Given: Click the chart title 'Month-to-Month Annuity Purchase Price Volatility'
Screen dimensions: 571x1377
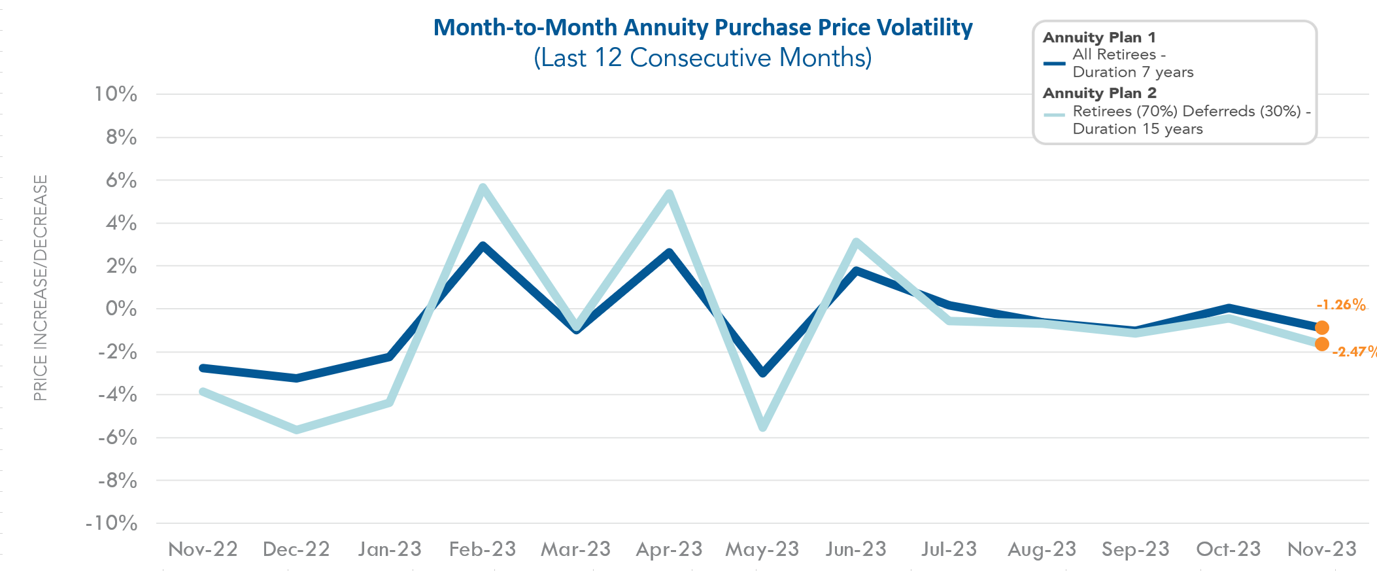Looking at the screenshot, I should (x=703, y=27).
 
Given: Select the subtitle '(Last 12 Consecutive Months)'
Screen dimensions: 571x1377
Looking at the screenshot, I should (x=703, y=58).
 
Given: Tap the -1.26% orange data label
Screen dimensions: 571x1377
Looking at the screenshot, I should (x=1340, y=305).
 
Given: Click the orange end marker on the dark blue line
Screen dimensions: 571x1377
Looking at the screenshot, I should (x=1321, y=328).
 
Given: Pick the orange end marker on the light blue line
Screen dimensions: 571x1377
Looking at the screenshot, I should (x=1321, y=344).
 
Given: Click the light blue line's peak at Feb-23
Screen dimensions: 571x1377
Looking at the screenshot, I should (x=483, y=188).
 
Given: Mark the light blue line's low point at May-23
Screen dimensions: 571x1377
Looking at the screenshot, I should (x=762, y=427).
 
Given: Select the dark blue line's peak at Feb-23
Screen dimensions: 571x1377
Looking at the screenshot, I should (x=483, y=247).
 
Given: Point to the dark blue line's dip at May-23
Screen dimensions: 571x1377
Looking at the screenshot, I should (x=762, y=373).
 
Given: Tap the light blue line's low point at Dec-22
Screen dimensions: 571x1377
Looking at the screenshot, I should (x=296, y=430).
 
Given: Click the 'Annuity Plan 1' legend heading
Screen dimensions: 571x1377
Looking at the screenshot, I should (x=1099, y=37).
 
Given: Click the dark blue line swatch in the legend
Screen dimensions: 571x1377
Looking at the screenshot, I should (x=1054, y=63).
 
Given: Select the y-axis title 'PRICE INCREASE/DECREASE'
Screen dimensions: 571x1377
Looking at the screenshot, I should (x=41, y=288).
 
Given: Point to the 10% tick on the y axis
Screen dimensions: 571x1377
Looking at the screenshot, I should (x=116, y=94).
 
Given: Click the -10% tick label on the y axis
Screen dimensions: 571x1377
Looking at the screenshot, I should (x=111, y=523).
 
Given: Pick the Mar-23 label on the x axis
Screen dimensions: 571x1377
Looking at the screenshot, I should (x=575, y=549).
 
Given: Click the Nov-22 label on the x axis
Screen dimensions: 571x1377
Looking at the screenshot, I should (x=203, y=549).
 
